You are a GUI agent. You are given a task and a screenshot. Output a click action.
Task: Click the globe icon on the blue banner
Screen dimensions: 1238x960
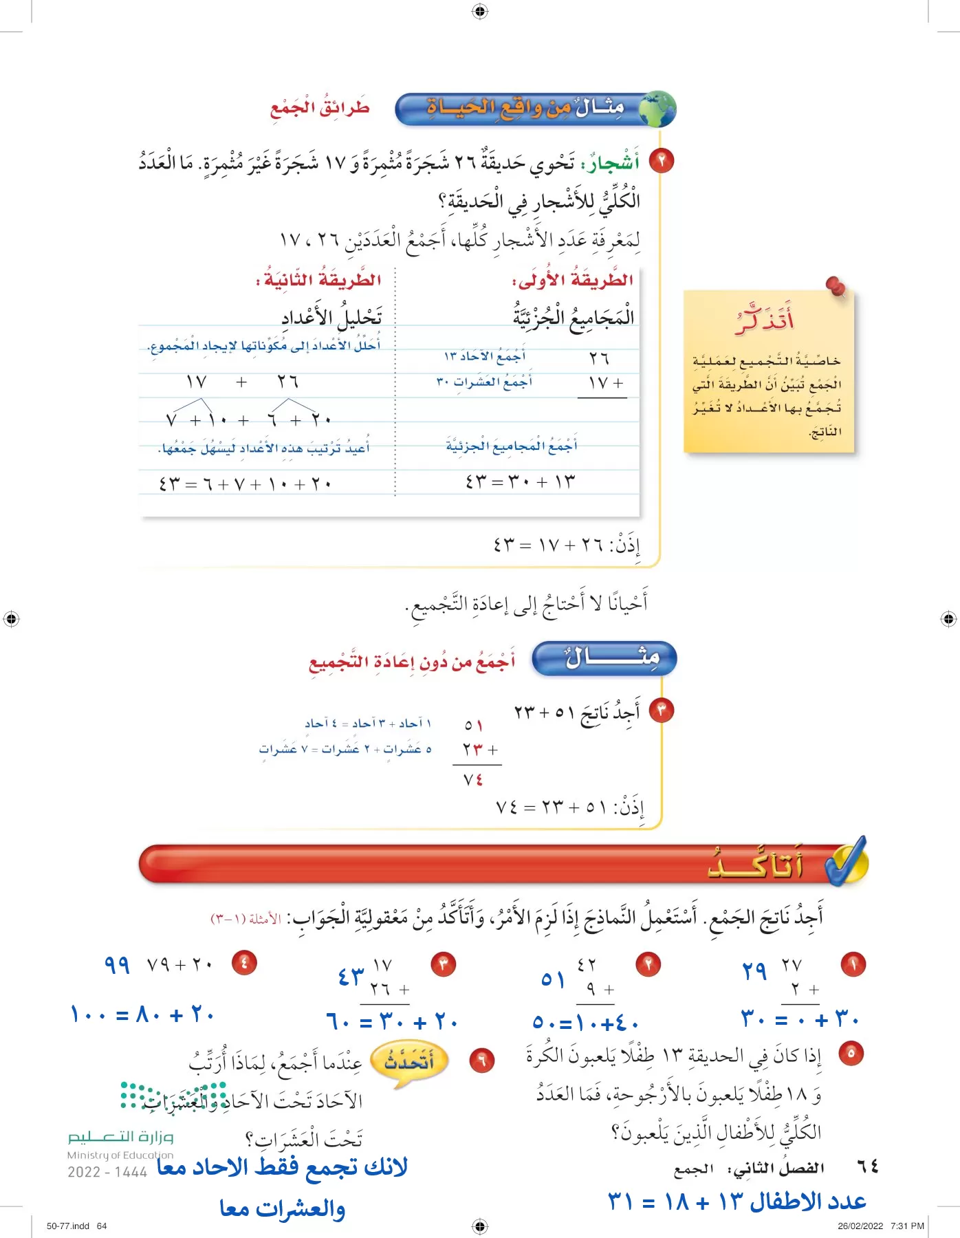(657, 109)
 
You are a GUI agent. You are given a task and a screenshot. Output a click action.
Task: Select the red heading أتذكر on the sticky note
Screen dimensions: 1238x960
(765, 320)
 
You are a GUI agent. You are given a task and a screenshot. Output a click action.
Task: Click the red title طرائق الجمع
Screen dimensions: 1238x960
(320, 108)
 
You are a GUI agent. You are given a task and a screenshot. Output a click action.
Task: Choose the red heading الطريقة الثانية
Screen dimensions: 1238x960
(318, 280)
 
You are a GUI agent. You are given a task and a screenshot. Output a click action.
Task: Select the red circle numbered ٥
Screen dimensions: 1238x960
(851, 1053)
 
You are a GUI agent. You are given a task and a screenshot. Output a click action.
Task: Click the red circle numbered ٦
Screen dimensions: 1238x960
(481, 1061)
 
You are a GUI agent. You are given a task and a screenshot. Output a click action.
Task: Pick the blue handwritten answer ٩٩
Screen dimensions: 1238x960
(117, 964)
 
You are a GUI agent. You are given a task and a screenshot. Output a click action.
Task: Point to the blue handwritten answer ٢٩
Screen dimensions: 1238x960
(754, 971)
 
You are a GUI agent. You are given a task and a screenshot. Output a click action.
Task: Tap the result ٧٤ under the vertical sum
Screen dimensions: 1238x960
(473, 780)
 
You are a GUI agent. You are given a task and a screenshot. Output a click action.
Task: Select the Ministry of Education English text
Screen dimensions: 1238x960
(120, 1155)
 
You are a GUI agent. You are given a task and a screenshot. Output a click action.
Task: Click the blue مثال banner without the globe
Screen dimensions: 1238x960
(604, 658)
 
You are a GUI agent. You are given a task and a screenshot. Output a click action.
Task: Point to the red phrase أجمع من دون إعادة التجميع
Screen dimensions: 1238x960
(411, 662)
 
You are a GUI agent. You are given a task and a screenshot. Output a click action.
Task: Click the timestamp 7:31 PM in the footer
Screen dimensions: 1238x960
(907, 1226)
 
